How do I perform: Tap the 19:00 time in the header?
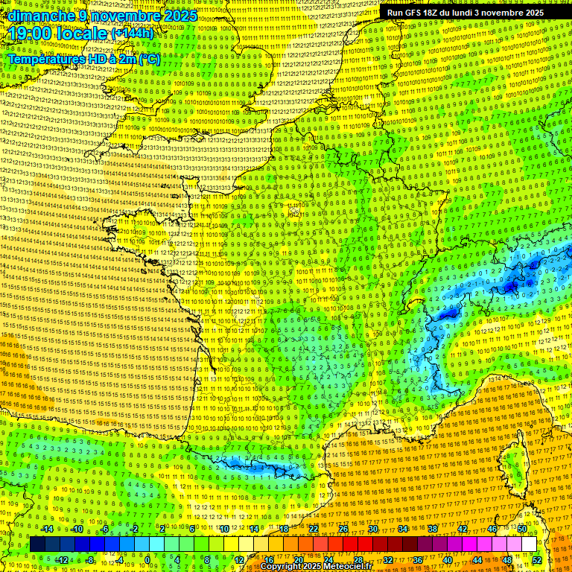pos(31,33)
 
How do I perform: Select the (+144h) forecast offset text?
pos(133,33)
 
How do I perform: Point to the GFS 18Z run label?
pos(416,13)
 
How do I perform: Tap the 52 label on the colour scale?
pos(536,560)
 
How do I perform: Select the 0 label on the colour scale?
pos(147,560)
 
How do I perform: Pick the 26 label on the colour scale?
pos(343,529)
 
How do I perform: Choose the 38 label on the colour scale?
pos(432,529)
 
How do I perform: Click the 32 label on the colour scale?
pos(387,560)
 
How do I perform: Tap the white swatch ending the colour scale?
pos(529,544)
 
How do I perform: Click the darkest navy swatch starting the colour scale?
pos(37,544)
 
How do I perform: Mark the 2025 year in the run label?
pos(530,13)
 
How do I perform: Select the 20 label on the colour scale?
pos(298,560)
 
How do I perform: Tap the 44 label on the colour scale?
pos(477,560)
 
